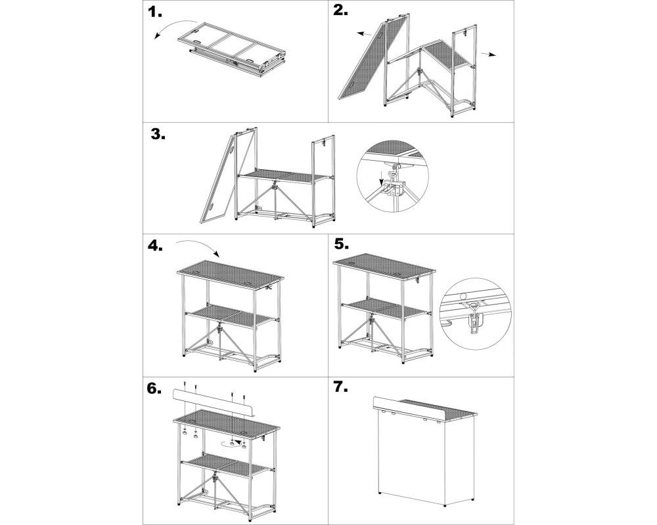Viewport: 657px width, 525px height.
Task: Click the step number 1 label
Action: point(154,12)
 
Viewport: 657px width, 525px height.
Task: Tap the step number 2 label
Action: point(340,10)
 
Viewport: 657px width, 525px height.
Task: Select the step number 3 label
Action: point(158,134)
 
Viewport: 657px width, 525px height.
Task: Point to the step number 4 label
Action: point(155,245)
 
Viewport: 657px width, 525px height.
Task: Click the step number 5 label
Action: point(341,243)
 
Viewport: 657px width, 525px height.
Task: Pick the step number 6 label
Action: point(154,388)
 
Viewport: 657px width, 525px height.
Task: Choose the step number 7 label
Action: point(340,387)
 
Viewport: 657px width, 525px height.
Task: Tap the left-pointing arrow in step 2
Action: point(365,34)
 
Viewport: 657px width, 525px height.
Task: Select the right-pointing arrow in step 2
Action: point(489,54)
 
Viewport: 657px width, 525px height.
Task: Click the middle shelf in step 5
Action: point(386,308)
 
